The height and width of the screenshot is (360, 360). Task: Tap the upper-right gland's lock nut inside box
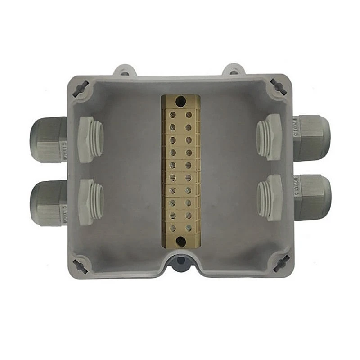click(270, 137)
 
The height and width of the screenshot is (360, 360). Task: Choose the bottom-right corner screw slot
click(280, 263)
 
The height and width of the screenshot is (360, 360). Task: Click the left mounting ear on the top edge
click(124, 71)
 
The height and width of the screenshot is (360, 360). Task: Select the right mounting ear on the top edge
click(234, 71)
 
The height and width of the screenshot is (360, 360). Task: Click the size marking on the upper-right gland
click(295, 127)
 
